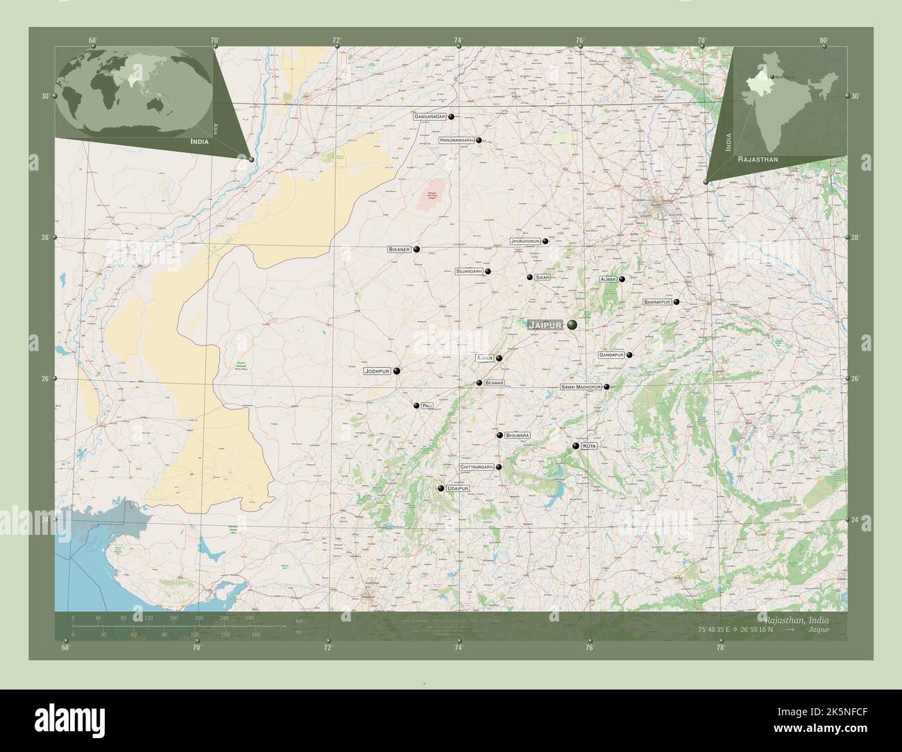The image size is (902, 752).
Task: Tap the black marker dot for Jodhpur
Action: [397, 371]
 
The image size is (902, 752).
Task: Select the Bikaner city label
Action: [400, 249]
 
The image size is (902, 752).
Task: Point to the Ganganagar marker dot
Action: [451, 117]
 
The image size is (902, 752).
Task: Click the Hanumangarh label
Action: [456, 140]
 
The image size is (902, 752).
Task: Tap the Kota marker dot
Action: [576, 446]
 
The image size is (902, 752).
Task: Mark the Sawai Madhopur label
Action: [581, 387]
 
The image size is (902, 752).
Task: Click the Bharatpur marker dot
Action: [676, 302]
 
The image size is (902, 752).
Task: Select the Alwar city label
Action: [608, 279]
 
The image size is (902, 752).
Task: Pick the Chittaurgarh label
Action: [476, 468]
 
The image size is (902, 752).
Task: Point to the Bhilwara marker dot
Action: [500, 435]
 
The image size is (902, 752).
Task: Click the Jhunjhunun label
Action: [525, 241]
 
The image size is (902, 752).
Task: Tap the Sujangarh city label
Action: [469, 272]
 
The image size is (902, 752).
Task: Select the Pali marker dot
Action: [416, 406]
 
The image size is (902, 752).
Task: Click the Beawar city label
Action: [494, 383]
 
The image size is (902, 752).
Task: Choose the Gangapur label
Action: [611, 355]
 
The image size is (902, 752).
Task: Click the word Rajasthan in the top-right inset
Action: [758, 160]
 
